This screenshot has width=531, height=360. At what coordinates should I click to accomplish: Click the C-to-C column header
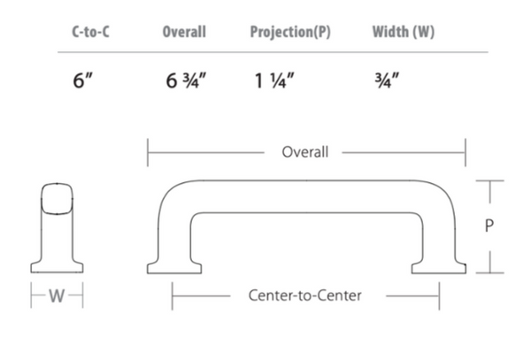[x=91, y=32]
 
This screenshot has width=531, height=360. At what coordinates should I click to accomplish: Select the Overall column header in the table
[x=184, y=32]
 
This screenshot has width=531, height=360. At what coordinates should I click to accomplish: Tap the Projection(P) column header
[x=290, y=32]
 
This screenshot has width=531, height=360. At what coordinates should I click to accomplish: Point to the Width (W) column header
[x=404, y=32]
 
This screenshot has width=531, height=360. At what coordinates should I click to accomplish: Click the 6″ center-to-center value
[x=82, y=80]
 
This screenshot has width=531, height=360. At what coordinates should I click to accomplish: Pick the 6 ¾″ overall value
[x=186, y=80]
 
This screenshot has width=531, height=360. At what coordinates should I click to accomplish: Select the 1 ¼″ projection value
[x=274, y=80]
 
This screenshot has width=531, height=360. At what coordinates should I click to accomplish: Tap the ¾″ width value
[x=387, y=80]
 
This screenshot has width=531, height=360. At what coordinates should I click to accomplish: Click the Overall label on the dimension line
[x=305, y=152]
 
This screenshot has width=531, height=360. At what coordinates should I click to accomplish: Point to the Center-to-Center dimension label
[x=304, y=295]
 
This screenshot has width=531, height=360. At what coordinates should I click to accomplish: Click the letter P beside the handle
[x=489, y=226]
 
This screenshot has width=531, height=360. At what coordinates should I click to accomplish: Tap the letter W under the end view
[x=57, y=295]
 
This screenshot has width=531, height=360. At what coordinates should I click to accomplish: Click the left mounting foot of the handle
[x=174, y=268]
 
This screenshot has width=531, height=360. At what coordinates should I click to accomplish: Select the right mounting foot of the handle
[x=439, y=268]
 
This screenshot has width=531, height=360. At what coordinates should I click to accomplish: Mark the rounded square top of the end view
[x=57, y=199]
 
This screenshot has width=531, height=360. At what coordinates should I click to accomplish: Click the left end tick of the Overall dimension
[x=148, y=152]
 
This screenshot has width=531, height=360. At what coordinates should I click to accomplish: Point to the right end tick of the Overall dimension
[x=466, y=152]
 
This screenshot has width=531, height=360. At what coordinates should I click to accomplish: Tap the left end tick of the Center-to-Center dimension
[x=172, y=296]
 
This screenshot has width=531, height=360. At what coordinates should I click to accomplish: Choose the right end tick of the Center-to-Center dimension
[x=439, y=296]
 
